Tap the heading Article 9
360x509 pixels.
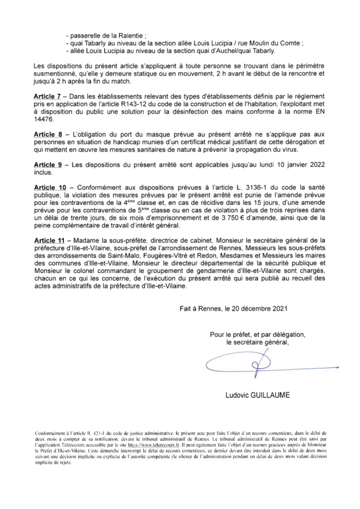tap(47, 164)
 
